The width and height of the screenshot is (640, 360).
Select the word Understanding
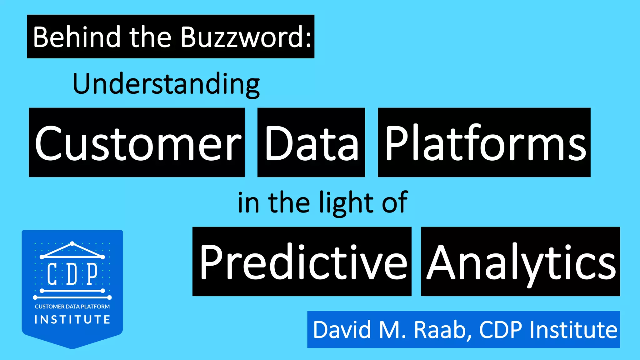pyautogui.click(x=166, y=84)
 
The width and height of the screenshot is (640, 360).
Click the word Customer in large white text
pyautogui.click(x=137, y=143)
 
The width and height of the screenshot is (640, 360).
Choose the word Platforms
pyautogui.click(x=485, y=143)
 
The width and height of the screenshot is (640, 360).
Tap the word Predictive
pyautogui.click(x=302, y=262)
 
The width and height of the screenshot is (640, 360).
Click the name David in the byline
pyautogui.click(x=342, y=330)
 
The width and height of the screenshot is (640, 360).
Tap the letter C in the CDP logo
pyautogui.click(x=52, y=274)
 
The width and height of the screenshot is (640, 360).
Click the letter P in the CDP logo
pyautogui.click(x=92, y=274)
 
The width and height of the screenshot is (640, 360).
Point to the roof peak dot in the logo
pyautogui.click(x=72, y=243)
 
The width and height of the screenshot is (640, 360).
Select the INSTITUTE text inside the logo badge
pyautogui.click(x=72, y=320)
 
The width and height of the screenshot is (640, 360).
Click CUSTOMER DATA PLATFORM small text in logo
pyautogui.click(x=72, y=307)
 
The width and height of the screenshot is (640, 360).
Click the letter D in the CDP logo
pyautogui.click(x=72, y=274)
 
